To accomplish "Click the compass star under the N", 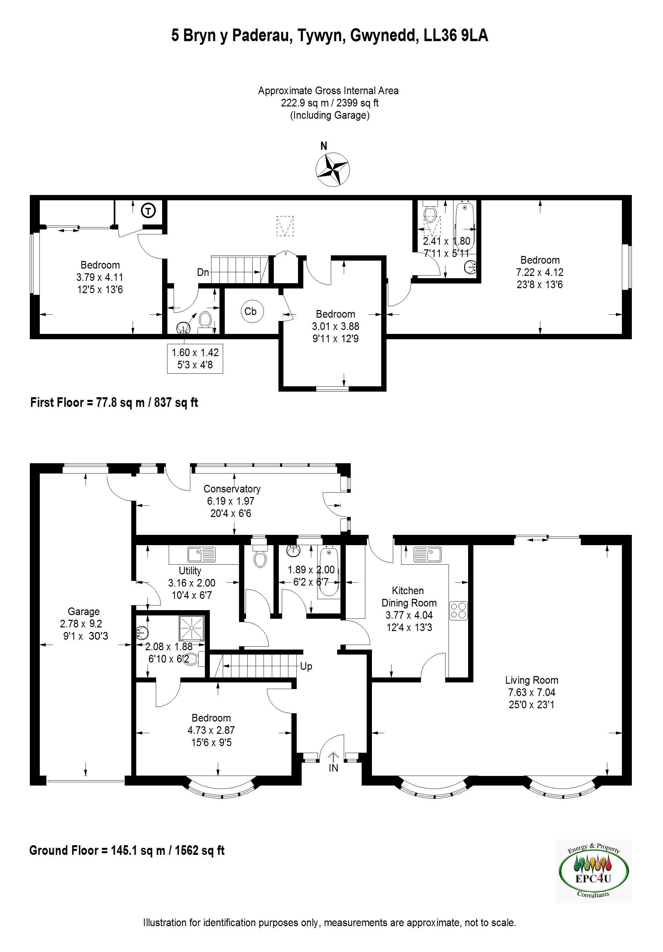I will coord(332,169).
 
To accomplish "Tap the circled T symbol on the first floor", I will coord(149,211).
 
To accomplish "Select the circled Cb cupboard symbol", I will coord(250,311).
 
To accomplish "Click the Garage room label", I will coord(84,611).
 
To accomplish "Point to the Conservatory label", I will coord(232,489).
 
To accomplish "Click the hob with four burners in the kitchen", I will coord(458,610).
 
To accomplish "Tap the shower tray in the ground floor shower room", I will coord(192,628).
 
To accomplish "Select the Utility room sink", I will coord(202,554).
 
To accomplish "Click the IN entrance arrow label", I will coord(333,768).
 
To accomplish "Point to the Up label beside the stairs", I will coord(306,666).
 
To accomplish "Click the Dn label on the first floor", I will coord(203,273).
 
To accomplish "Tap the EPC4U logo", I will coord(593,871).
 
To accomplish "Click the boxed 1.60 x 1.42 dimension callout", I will coord(195,358).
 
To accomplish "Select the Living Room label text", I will coord(532,680).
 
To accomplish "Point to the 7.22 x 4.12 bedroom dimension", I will coord(539,273).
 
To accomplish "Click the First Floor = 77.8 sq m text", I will coord(114,402).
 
